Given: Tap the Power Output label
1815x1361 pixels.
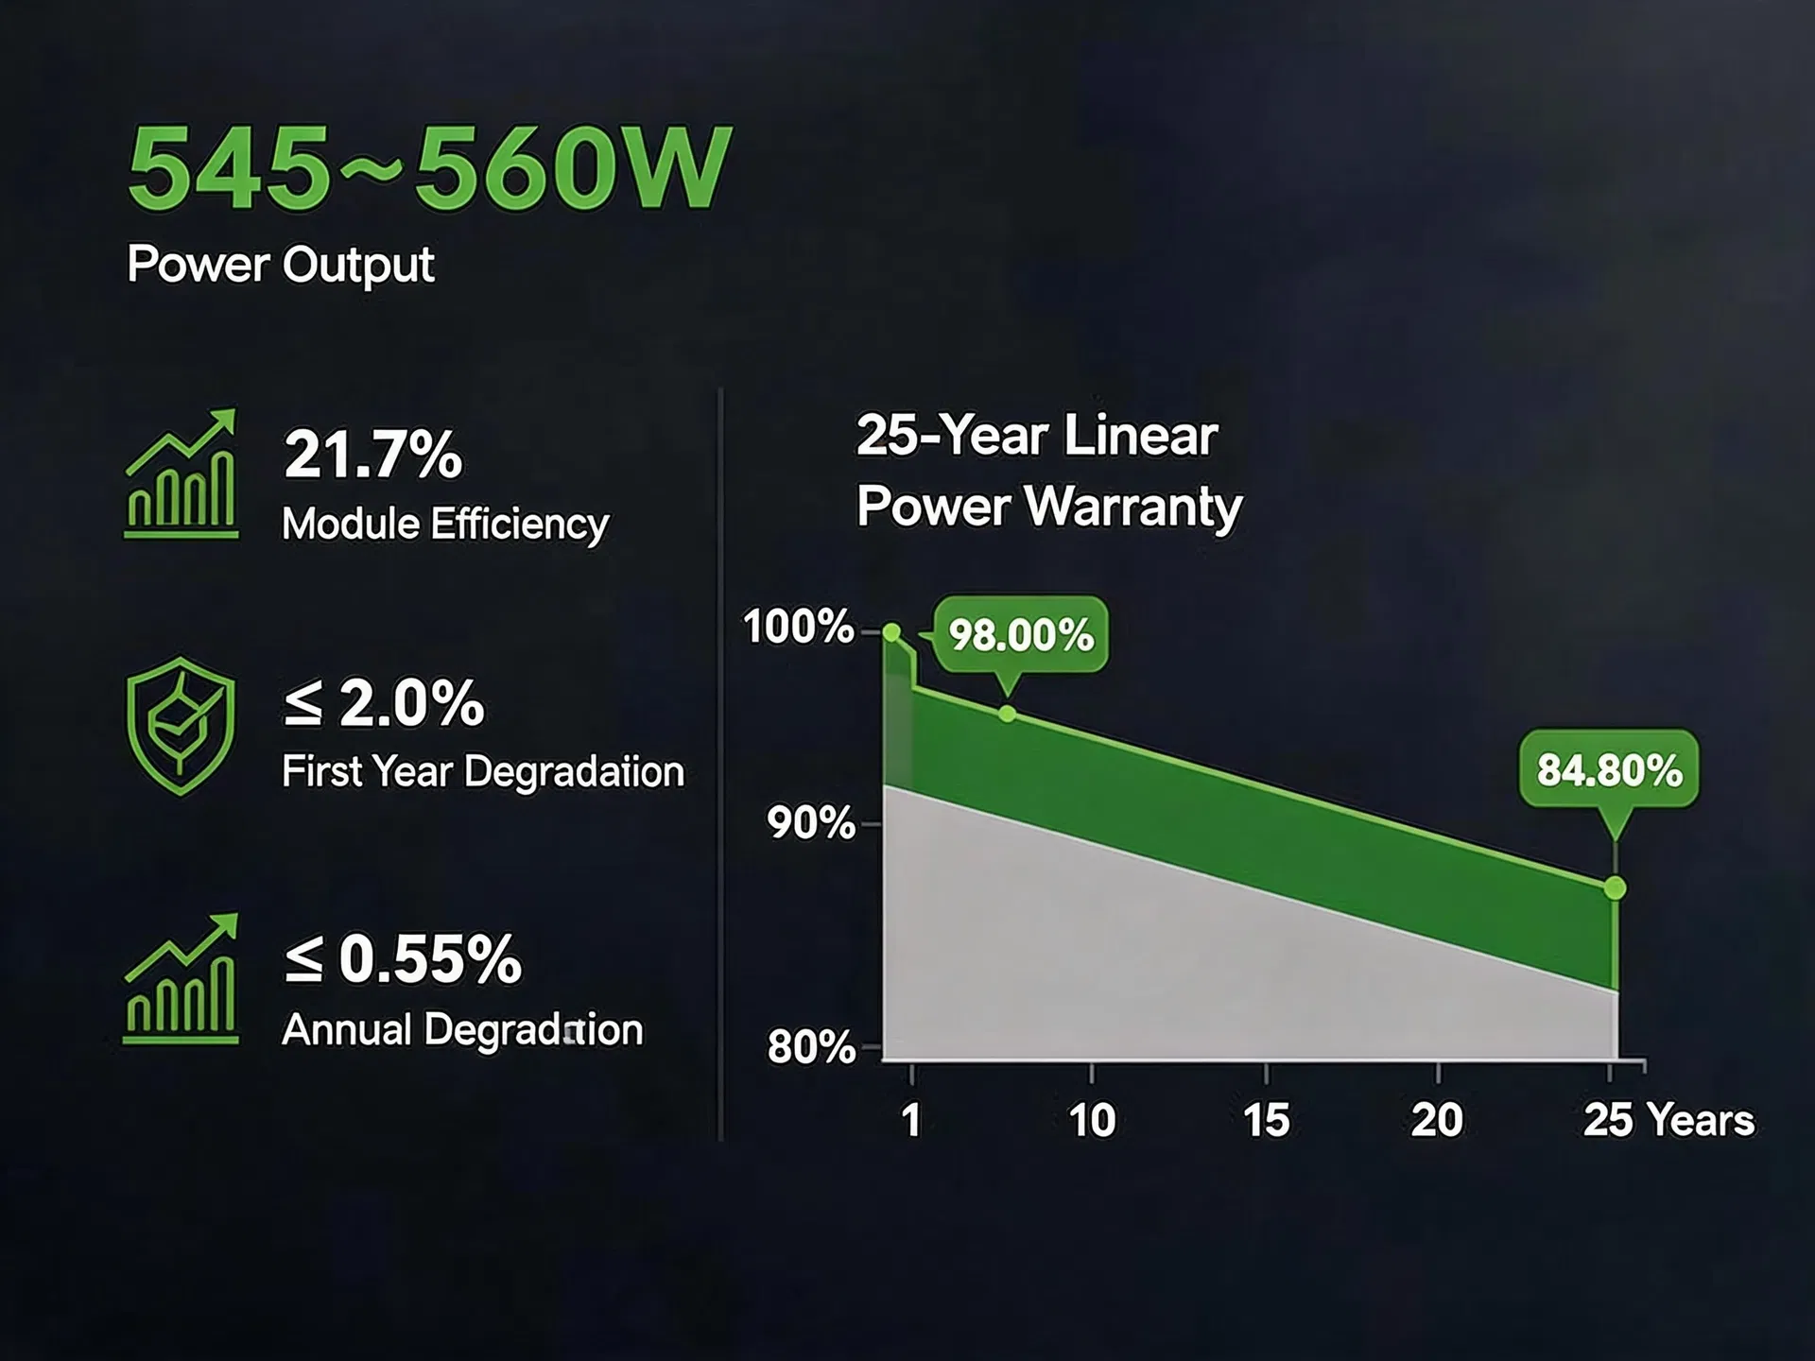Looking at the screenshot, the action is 281,265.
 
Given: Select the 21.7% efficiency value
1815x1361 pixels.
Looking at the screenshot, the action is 373,455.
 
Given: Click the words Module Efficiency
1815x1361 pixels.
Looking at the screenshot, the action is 445,525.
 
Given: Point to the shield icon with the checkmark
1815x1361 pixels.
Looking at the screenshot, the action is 181,726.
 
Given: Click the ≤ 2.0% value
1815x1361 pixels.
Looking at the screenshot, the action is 384,703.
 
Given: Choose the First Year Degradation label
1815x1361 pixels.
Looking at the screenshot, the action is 483,771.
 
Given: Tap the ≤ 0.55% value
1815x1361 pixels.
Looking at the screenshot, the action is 403,958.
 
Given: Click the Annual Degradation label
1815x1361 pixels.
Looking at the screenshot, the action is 462,1029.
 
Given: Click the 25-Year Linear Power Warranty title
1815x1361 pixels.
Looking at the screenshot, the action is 1048,471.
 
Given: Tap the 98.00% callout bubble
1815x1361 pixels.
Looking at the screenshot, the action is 1020,635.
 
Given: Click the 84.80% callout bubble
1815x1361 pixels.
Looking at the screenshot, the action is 1609,769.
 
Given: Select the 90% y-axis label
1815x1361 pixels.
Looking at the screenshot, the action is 811,823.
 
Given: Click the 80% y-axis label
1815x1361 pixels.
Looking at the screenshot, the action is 811,1047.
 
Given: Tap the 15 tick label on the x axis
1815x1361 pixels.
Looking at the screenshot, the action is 1266,1121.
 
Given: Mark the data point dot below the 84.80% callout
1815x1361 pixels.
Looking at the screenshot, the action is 1615,888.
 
